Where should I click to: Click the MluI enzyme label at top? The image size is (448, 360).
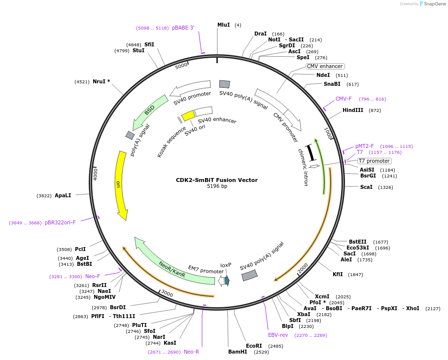coord(223,25)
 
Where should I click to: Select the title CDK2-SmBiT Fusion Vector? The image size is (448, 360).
coord(217,180)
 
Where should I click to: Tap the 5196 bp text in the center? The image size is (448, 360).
coord(217,186)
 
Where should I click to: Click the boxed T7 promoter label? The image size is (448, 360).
coord(375,161)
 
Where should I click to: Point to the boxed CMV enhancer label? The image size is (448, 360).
coord(325,66)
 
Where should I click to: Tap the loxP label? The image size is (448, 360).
coord(226,265)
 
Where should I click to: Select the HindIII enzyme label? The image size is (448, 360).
coord(353,110)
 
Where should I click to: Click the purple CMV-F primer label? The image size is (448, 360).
coord(344,99)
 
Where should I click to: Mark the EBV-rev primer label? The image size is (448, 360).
coord(278,335)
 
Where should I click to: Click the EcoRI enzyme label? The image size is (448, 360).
coord(254,346)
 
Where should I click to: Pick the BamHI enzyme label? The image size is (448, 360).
coord(238,352)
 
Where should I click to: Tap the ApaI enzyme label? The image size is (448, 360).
coord(63,195)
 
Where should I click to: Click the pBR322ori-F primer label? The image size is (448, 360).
coord(60,222)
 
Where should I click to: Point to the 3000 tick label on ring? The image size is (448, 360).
coord(167,294)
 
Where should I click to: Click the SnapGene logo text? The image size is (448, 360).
coord(434,3)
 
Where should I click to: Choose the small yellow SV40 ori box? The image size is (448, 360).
coord(188,115)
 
